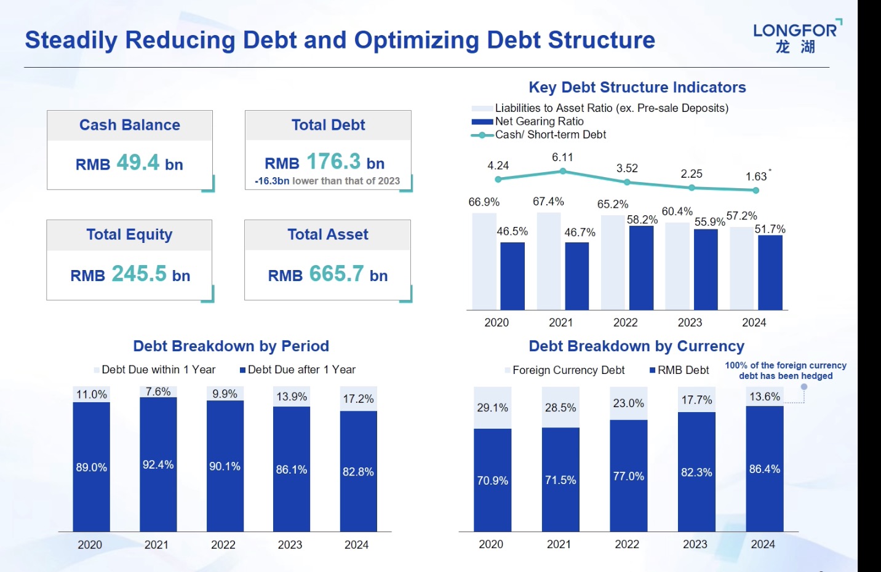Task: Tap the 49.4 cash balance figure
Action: click(x=138, y=162)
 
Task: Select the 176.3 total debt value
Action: click(x=333, y=162)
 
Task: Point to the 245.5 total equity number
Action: click(x=139, y=274)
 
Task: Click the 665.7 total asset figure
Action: click(x=337, y=274)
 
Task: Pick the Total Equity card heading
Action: click(x=129, y=234)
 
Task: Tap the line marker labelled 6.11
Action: click(x=562, y=172)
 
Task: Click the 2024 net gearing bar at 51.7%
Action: click(x=770, y=272)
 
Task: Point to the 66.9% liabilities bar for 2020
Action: click(x=484, y=261)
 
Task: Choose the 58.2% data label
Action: click(x=642, y=220)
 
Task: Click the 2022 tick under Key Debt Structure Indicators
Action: click(x=625, y=322)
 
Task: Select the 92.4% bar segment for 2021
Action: click(x=158, y=464)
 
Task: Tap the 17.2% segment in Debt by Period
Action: click(x=358, y=399)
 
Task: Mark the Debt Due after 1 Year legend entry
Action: click(x=298, y=370)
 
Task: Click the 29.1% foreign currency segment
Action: click(x=492, y=408)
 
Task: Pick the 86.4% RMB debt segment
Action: click(x=764, y=469)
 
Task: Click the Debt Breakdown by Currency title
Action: click(x=636, y=346)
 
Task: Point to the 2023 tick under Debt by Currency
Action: click(x=695, y=544)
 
